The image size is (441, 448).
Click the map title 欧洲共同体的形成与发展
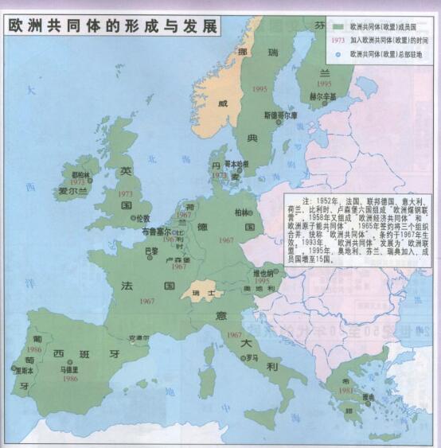coord(112,25)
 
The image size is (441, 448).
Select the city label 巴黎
coord(150,251)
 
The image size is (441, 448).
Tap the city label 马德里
coord(70,369)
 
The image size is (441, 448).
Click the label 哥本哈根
coord(236,163)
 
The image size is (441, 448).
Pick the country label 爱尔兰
coord(72,192)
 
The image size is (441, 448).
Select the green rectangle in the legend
coord(338,25)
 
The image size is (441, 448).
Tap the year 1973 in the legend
coord(338,40)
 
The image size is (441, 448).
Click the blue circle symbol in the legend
coord(338,54)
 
